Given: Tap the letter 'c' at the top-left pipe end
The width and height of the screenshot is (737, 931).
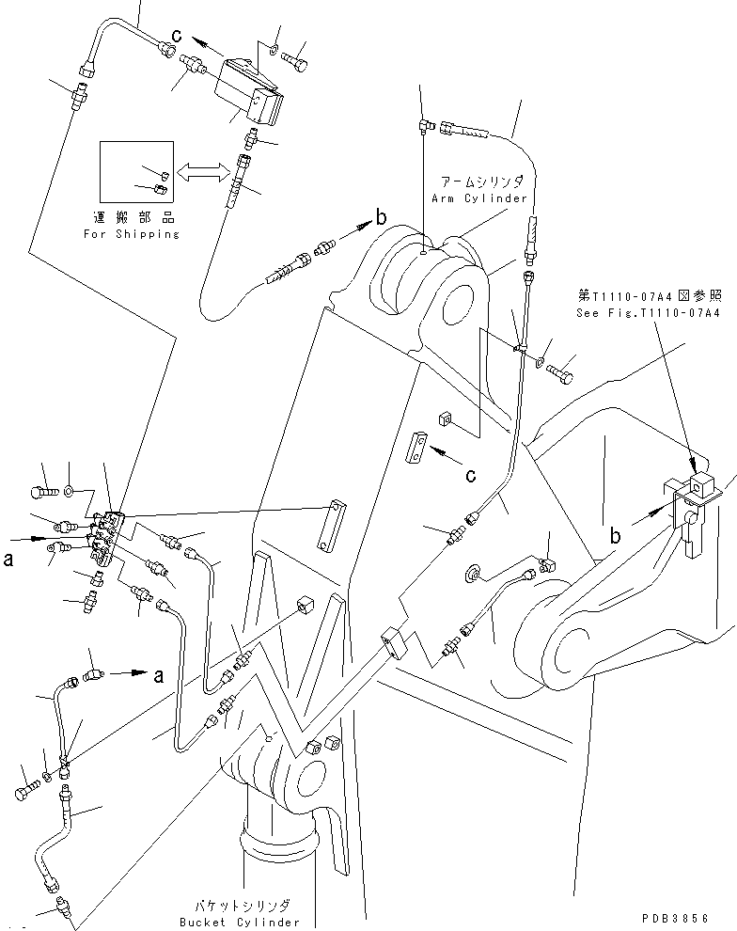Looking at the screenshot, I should point(176,37).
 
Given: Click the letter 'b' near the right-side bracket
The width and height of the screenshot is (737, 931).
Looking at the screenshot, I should point(616,536).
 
